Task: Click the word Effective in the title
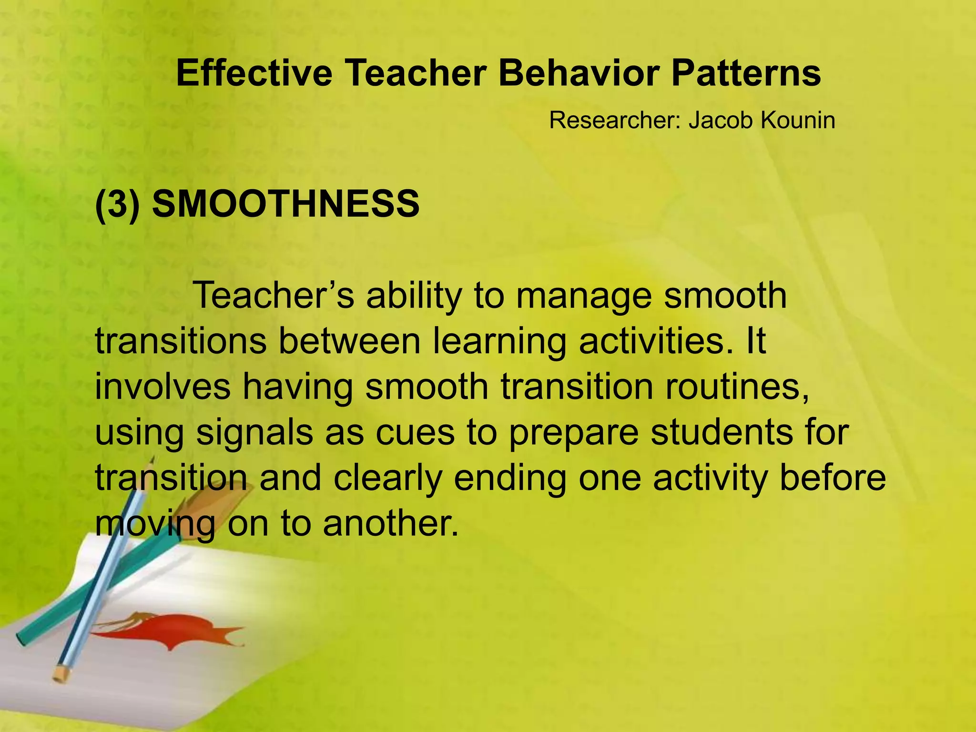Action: tap(254, 73)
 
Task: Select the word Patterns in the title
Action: tap(746, 73)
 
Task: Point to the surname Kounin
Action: tap(798, 120)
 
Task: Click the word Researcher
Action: tap(616, 120)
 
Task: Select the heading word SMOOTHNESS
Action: tap(285, 203)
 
